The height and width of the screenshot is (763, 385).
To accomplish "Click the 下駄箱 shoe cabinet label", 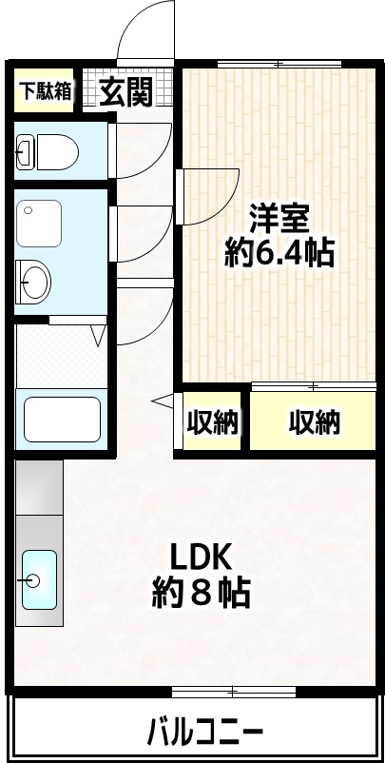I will pyautogui.click(x=46, y=91).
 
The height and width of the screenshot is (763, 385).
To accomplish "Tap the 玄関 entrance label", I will pyautogui.click(x=126, y=92).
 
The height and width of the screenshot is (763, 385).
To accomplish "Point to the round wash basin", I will pyautogui.click(x=36, y=281).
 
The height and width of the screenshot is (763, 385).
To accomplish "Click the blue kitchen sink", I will pyautogui.click(x=39, y=579).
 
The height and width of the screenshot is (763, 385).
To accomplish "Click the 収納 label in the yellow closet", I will pyautogui.click(x=314, y=422).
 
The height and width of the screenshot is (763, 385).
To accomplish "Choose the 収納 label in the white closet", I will pyautogui.click(x=211, y=422).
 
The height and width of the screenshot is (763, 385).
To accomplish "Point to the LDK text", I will pyautogui.click(x=201, y=558).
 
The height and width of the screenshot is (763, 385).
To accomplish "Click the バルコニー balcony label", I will pyautogui.click(x=204, y=734).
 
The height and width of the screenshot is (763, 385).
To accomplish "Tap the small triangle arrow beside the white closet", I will pyautogui.click(x=161, y=401).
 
